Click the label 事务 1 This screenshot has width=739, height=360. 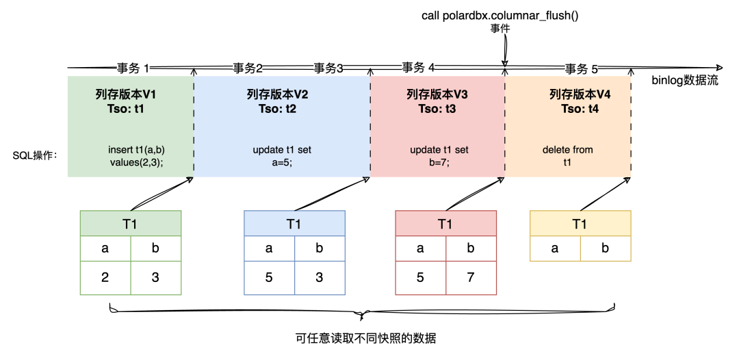click(133, 68)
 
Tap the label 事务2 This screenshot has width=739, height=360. click(248, 68)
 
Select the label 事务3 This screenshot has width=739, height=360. click(328, 68)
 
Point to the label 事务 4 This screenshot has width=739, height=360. click(418, 67)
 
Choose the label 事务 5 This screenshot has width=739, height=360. click(581, 68)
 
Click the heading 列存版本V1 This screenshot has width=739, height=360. click(130, 94)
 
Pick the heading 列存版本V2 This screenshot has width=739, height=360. click(277, 94)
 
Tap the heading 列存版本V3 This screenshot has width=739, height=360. click(437, 94)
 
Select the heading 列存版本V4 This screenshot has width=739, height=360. click(580, 94)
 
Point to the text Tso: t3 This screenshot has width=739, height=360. click(437, 108)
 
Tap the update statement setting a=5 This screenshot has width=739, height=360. click(282, 156)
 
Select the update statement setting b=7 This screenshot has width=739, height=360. click(439, 156)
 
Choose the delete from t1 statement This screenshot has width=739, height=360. click(567, 156)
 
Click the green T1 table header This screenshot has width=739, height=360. click(131, 224)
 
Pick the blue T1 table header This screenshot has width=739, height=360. click(294, 224)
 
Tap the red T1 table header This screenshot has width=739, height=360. click(445, 224)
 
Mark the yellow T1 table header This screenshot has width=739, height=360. click(580, 224)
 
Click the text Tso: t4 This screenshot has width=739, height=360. click(580, 108)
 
